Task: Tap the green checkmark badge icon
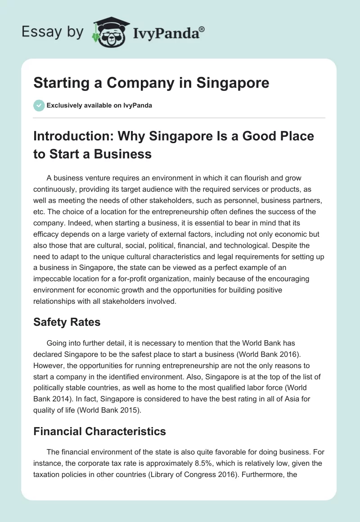tap(39, 105)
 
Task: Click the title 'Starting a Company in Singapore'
tap(152, 83)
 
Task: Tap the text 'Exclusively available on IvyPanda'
tap(99, 105)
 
